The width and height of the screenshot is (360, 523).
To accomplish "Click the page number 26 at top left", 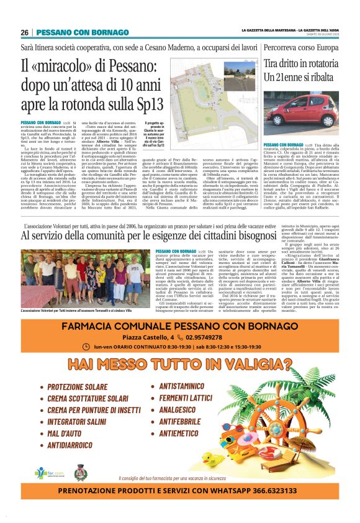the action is point(24,32).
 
